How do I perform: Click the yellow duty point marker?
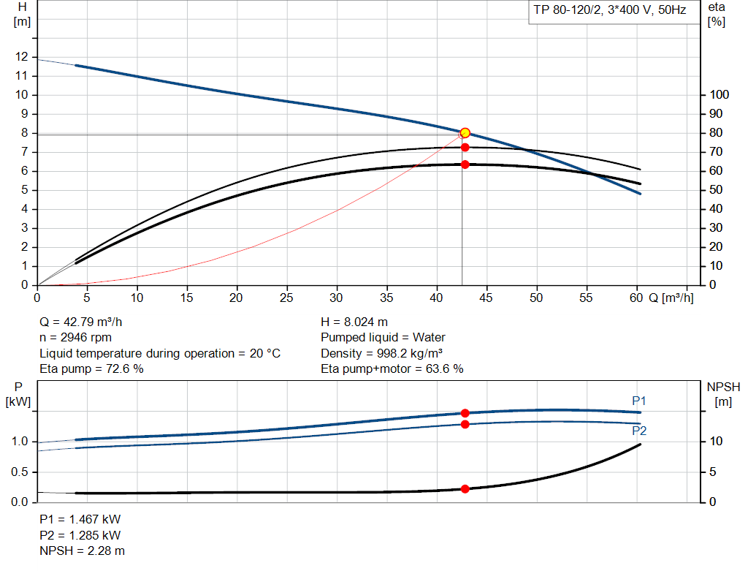click(x=465, y=133)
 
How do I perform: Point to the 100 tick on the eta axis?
click(x=720, y=95)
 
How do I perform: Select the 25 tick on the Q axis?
click(x=287, y=298)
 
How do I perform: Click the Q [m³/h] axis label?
click(x=671, y=298)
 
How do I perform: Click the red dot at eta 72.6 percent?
click(x=465, y=147)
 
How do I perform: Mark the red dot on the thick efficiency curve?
click(x=465, y=165)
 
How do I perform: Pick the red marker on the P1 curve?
click(x=465, y=413)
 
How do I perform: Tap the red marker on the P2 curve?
click(x=465, y=424)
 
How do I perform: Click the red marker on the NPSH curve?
click(x=465, y=488)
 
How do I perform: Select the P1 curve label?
click(x=639, y=401)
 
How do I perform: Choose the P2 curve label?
click(x=639, y=431)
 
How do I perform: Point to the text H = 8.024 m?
click(x=355, y=322)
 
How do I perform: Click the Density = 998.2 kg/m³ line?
click(x=383, y=353)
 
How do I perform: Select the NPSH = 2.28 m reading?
click(x=82, y=551)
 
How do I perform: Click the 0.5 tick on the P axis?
click(x=20, y=472)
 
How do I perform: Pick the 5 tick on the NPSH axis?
click(x=715, y=472)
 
